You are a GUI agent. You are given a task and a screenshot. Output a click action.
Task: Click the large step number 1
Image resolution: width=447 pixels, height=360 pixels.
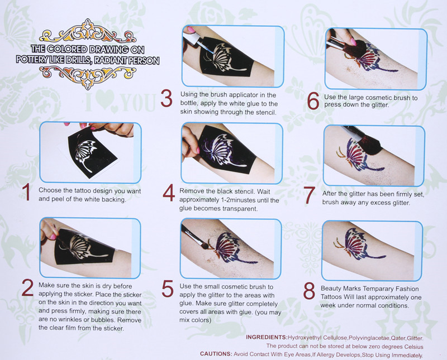point(26,191)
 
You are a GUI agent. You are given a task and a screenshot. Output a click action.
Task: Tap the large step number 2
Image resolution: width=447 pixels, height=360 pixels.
point(27,287)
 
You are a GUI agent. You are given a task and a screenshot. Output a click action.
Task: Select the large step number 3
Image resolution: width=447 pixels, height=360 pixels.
point(167,98)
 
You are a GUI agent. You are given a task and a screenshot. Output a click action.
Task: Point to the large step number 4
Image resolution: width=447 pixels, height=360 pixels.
point(169,193)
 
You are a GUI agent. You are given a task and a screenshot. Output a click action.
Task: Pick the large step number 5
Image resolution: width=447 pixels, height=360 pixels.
point(168,289)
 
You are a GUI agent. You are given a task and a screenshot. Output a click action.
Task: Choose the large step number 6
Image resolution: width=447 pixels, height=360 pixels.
point(313,101)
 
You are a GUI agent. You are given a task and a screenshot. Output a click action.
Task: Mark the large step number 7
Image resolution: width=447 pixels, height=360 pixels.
point(310,195)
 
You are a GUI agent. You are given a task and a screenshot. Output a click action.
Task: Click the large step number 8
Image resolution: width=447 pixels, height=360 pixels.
point(309,291)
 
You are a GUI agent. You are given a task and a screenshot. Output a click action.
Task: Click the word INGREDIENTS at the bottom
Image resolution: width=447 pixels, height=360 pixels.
point(267,337)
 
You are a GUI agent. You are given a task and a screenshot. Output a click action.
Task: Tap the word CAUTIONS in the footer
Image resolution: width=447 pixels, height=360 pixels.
point(216,354)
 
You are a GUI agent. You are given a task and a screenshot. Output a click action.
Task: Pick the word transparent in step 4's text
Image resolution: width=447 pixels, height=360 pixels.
point(240,209)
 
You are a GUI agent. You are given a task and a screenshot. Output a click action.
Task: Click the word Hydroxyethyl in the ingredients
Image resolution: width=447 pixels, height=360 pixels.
point(305,338)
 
